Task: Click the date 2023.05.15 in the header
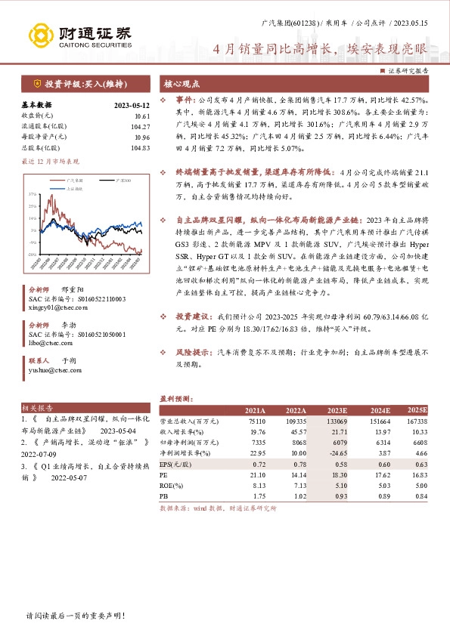click(411, 25)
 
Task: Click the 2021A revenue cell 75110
click(256, 420)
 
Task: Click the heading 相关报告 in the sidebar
click(35, 407)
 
